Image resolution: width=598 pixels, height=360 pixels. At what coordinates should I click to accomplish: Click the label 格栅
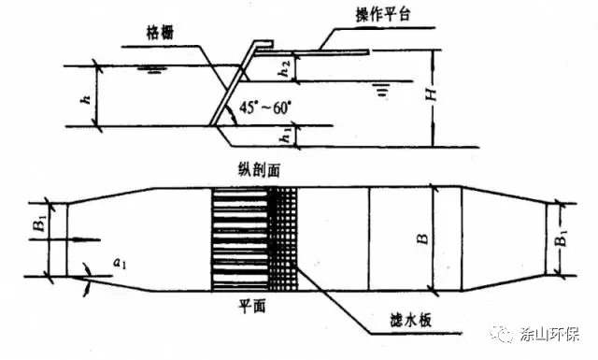[160, 33]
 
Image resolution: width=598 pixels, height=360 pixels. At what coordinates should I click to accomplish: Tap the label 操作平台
[383, 15]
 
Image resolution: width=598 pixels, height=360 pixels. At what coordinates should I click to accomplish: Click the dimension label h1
[286, 136]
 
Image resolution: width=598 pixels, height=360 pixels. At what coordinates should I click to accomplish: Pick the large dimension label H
[431, 93]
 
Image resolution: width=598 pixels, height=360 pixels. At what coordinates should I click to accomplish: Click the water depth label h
[87, 99]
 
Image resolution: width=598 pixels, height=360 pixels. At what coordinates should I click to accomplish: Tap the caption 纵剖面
[259, 170]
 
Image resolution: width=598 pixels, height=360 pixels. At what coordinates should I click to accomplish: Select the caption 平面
[252, 306]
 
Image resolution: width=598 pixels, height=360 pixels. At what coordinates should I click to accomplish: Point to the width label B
[422, 239]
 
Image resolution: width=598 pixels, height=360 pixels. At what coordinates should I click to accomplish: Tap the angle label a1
[120, 263]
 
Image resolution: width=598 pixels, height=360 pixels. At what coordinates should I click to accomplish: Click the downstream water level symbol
[382, 89]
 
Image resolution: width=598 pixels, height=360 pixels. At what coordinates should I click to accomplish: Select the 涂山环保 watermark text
[549, 335]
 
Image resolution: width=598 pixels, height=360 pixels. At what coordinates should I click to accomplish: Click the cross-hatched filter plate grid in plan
[282, 239]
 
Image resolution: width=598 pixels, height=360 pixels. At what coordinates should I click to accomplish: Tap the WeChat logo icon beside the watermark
[503, 334]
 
